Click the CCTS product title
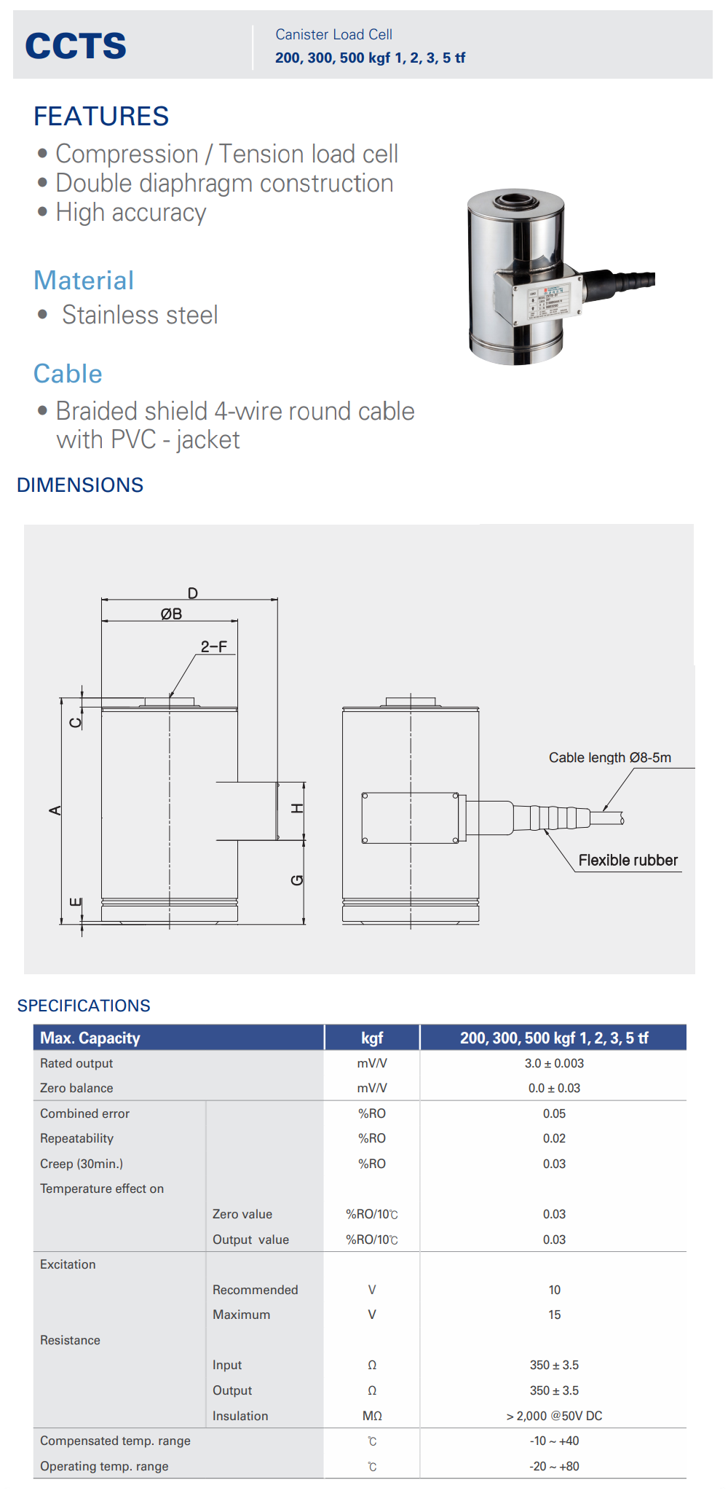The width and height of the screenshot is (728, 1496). click(76, 46)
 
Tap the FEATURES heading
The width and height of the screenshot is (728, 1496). click(101, 117)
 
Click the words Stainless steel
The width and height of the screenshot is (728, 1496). click(140, 315)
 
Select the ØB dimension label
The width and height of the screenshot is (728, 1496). click(171, 614)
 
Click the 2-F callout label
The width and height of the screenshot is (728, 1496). click(214, 646)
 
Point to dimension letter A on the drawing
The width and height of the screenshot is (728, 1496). click(55, 810)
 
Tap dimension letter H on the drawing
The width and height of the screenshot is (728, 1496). click(297, 808)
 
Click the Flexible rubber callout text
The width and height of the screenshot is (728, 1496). click(628, 861)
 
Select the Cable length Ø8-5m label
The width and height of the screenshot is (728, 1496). click(610, 758)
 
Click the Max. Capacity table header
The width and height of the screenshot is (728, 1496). click(90, 1038)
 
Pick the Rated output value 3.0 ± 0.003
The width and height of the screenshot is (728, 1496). click(554, 1064)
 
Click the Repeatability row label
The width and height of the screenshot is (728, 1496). click(76, 1139)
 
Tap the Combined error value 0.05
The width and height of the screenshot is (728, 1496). click(554, 1114)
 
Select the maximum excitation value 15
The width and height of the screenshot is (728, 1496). click(554, 1315)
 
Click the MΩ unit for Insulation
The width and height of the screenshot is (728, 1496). click(372, 1416)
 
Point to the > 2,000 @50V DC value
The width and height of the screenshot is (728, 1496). click(554, 1416)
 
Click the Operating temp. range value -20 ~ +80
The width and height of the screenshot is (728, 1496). click(554, 1466)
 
